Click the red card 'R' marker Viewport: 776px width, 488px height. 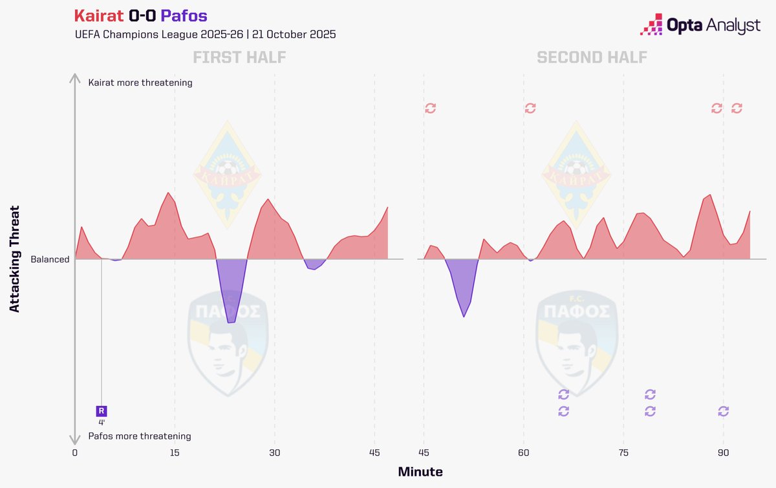pos(102,410)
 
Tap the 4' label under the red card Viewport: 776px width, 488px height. pos(102,422)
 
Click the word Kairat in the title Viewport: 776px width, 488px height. pos(99,15)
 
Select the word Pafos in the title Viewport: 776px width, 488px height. pos(184,15)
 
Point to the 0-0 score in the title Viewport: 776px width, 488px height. pos(142,15)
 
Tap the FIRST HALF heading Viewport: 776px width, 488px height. pos(239,57)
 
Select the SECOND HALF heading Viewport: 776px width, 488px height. pos(592,57)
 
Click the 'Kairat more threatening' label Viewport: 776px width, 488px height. pos(140,83)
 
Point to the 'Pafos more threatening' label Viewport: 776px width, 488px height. pos(140,436)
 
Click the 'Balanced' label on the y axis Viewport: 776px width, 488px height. pos(50,259)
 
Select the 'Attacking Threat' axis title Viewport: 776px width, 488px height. pos(16,259)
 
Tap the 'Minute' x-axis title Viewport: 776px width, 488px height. pos(420,472)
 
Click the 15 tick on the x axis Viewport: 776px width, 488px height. pos(175,452)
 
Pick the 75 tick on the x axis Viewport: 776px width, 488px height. pos(623,452)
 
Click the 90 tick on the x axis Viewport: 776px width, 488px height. pos(724,452)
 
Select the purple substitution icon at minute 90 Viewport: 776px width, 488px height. pos(724,411)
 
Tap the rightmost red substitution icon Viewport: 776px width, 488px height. pos(737,108)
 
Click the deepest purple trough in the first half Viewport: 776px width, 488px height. pos(232,322)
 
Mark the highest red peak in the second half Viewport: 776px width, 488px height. pos(710,195)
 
